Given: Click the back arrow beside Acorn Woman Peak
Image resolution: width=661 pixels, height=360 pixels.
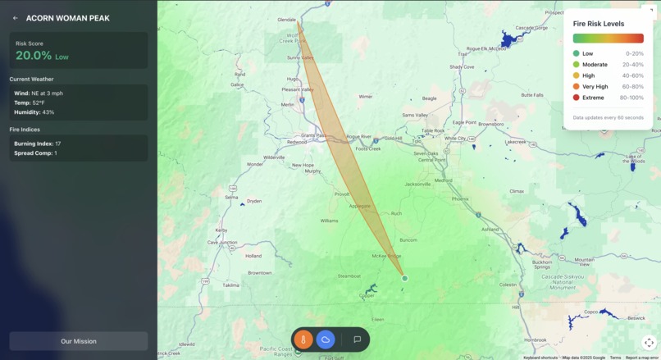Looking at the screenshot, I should tap(16, 18).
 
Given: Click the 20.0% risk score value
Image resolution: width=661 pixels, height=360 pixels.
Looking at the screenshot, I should tap(33, 56).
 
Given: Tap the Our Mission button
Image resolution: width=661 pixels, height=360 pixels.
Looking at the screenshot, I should tap(79, 341).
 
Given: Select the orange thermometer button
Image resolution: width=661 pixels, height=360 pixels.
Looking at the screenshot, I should tap(303, 339).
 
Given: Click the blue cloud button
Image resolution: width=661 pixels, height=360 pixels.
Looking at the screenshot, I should tap(326, 339).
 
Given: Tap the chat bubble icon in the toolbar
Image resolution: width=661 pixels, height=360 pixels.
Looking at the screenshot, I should tap(357, 339).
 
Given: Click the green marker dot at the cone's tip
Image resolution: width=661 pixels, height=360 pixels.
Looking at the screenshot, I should tap(404, 279).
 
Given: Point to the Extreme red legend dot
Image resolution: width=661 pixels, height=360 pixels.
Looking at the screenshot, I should tap(577, 98).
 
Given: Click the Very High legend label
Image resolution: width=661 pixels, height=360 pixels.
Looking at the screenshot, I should tap(595, 86).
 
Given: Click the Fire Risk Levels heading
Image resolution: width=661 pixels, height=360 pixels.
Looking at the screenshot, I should tap(599, 24).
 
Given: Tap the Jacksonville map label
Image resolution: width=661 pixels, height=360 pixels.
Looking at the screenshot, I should tap(417, 184).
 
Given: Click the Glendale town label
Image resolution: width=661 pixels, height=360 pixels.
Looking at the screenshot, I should tap(286, 19).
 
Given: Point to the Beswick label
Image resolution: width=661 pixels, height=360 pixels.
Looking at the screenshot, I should tap(636, 317).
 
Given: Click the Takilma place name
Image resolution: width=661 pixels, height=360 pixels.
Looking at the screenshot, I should tap(230, 285).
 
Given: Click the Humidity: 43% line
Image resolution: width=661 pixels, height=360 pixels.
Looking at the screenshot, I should tap(34, 112).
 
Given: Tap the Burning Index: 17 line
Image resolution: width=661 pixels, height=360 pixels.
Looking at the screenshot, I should tap(37, 144).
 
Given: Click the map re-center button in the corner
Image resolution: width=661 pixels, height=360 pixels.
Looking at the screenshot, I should tap(649, 343).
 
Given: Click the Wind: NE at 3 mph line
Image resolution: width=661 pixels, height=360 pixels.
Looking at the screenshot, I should tap(39, 93).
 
